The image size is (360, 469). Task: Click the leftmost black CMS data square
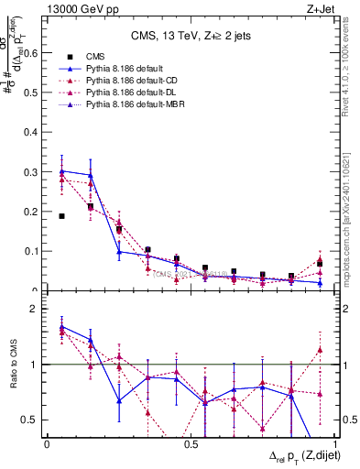[61, 216]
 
